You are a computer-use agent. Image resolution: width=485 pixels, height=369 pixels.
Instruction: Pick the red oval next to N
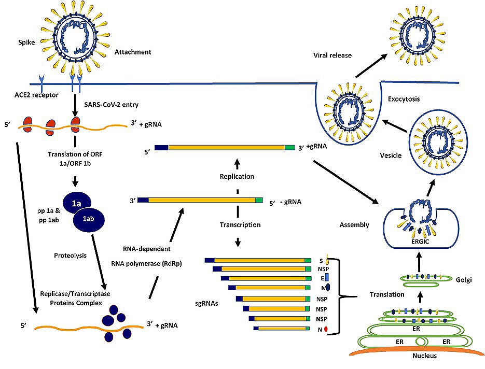[326, 329]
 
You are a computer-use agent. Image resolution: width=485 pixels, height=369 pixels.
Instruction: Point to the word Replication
[238, 176]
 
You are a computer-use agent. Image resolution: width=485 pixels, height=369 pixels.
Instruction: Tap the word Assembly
[354, 225]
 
